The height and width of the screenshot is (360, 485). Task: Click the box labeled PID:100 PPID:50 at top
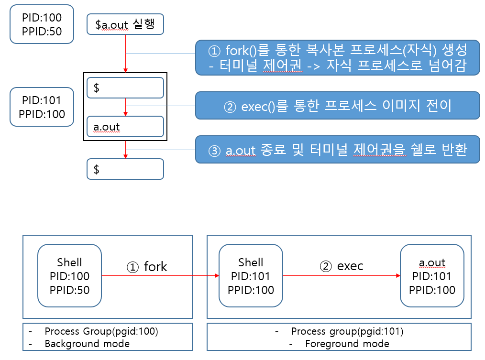(x=42, y=25)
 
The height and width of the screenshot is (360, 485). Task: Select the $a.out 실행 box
(x=125, y=24)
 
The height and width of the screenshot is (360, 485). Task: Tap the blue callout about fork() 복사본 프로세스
(x=337, y=57)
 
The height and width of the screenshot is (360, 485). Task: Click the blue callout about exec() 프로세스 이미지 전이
(x=337, y=105)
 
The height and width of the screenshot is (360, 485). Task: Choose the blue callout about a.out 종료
(x=337, y=150)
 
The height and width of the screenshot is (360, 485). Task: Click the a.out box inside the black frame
(x=125, y=127)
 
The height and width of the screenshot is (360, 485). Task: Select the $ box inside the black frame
(x=125, y=88)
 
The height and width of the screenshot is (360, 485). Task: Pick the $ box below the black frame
(x=125, y=169)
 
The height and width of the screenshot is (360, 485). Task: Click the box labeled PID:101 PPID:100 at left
(x=42, y=107)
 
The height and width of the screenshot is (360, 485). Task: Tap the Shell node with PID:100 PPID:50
(x=69, y=276)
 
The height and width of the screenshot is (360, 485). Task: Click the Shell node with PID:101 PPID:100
(x=251, y=276)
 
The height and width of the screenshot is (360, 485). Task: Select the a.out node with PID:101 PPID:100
(x=432, y=276)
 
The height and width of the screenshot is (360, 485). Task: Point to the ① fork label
(x=146, y=266)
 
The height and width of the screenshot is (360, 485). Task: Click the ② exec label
(x=342, y=266)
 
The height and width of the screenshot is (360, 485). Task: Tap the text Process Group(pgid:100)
(x=101, y=331)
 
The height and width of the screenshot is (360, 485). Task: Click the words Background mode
(x=87, y=343)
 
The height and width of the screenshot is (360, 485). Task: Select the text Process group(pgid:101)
(x=347, y=331)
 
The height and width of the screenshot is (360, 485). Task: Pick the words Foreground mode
(x=347, y=343)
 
